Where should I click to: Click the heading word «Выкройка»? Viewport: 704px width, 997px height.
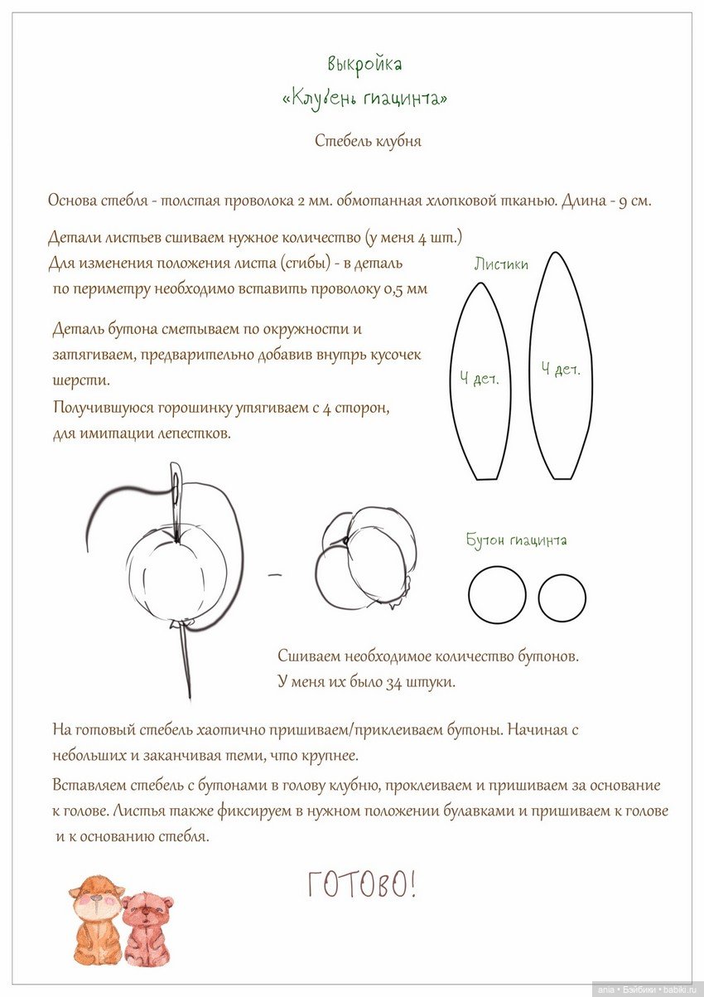point(364,64)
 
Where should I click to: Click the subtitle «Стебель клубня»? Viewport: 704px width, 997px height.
point(368,141)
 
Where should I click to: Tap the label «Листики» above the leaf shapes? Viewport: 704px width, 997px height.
point(501,264)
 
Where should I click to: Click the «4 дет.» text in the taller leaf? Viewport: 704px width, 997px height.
point(561,370)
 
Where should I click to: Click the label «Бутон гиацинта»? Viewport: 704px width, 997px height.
point(517,540)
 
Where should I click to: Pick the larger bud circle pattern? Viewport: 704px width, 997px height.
point(497,595)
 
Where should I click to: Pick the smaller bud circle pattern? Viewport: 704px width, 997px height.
point(562,598)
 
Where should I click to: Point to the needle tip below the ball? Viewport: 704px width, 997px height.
point(189,692)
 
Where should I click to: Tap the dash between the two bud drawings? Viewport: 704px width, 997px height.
point(276,574)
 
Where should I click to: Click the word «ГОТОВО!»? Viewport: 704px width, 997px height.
point(362,885)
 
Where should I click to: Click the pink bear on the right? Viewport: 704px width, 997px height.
point(147,928)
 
